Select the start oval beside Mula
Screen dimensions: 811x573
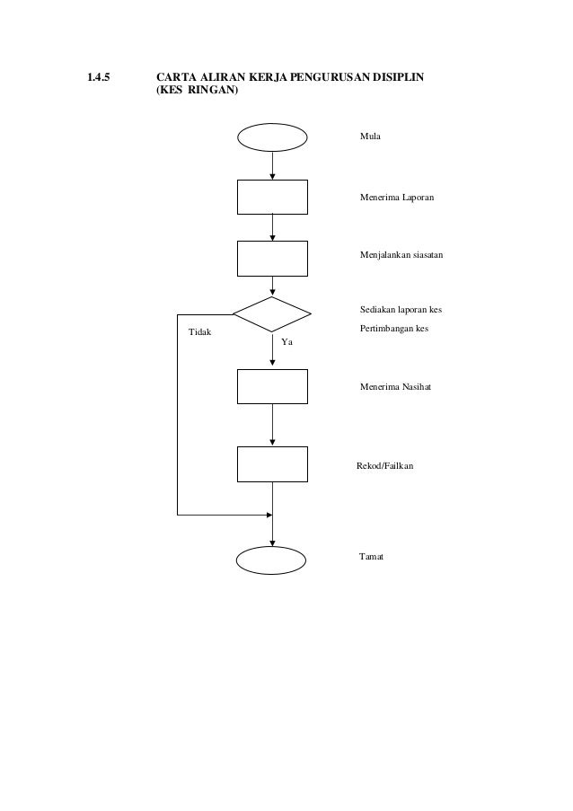tap(272, 137)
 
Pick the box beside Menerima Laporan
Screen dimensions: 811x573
tap(272, 197)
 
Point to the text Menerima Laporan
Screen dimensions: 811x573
tap(396, 195)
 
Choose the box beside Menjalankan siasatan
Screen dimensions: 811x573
tap(272, 258)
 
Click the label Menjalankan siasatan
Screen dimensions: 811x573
tap(401, 256)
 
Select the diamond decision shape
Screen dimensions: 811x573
tap(272, 313)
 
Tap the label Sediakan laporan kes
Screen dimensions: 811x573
tap(401, 311)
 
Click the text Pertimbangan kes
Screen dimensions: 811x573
tap(393, 329)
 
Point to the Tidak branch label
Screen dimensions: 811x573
tap(199, 333)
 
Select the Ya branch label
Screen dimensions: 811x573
tap(287, 343)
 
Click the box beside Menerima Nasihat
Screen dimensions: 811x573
tap(272, 386)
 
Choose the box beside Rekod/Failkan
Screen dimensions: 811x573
tap(272, 463)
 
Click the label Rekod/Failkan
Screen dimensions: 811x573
tap(385, 467)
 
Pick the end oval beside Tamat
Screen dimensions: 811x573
tap(272, 559)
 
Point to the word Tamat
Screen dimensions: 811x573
tap(371, 557)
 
